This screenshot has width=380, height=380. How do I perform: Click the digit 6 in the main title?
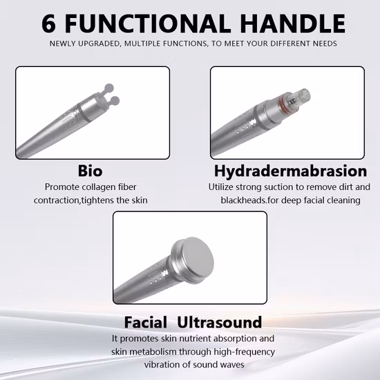click(x=48, y=23)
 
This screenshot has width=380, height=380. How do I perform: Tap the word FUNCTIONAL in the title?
click(x=148, y=23)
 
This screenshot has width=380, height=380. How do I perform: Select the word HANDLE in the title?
click(x=293, y=23)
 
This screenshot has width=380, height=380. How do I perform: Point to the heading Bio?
click(x=90, y=171)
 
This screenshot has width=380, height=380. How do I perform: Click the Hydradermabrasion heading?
click(x=291, y=171)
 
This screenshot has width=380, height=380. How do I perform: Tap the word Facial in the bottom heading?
click(x=145, y=323)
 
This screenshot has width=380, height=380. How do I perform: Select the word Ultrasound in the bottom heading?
click(x=220, y=323)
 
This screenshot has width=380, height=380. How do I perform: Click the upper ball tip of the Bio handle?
click(x=109, y=88)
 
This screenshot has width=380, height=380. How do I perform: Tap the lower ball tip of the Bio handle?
click(x=115, y=101)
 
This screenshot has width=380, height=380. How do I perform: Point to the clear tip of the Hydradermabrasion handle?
click(x=302, y=95)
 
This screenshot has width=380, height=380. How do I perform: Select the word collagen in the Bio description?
click(x=99, y=187)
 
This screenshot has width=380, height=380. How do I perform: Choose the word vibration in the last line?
click(x=162, y=365)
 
